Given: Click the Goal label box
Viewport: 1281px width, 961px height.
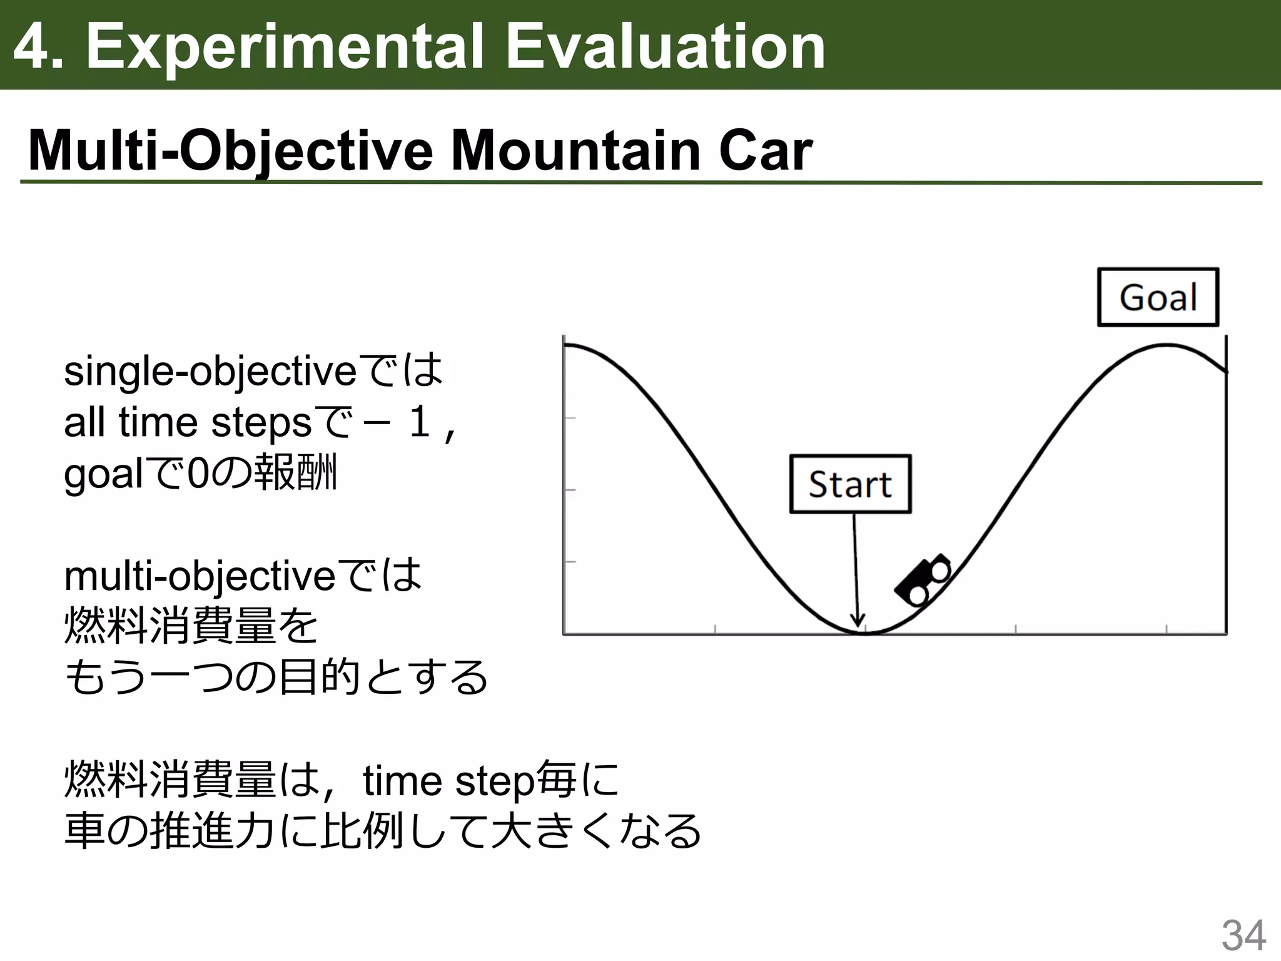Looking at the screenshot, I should coord(1158,297).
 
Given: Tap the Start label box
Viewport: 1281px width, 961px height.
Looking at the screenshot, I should coord(850,484).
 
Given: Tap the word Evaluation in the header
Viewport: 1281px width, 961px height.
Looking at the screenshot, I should coord(665,46).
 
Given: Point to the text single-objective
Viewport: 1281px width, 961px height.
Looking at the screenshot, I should coord(210,372).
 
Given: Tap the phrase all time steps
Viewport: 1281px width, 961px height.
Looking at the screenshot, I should coord(187,423).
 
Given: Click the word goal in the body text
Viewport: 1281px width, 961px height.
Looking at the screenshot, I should coord(103,474).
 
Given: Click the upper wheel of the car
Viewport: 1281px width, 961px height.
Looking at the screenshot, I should coord(940,570).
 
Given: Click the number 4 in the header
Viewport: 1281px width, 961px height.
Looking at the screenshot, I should coord(31,46).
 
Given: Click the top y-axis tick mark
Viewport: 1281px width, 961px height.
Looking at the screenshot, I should coord(569,417).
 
